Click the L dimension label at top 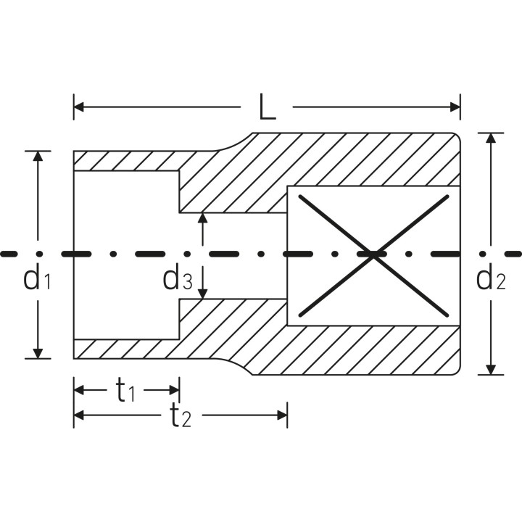[x=267, y=107]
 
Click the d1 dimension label [x=37, y=278]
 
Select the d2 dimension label [x=491, y=278]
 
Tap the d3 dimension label [x=177, y=278]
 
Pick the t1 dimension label [x=125, y=391]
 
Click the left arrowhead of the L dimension [x=78, y=107]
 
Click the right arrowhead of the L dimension [x=455, y=107]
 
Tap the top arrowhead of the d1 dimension [x=38, y=156]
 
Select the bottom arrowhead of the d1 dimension [x=38, y=354]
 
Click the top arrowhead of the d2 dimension [x=491, y=138]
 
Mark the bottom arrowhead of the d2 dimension [x=491, y=370]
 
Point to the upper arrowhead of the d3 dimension [x=202, y=217]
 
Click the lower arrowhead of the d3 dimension [x=202, y=294]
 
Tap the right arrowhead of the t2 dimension [x=282, y=415]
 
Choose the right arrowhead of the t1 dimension [x=175, y=390]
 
